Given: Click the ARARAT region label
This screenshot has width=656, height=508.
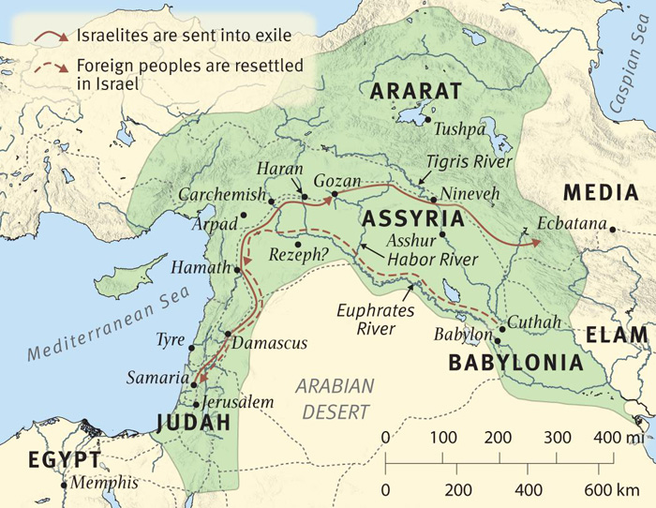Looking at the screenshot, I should coord(417,92).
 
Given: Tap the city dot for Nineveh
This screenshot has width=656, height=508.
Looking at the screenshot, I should coord(433,200).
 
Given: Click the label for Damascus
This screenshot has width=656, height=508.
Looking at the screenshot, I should coord(273,343).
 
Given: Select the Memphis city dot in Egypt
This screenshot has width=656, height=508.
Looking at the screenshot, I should coord(64,486).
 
